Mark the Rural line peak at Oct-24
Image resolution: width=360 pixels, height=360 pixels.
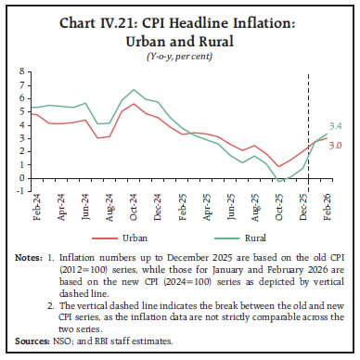click(135, 90)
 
